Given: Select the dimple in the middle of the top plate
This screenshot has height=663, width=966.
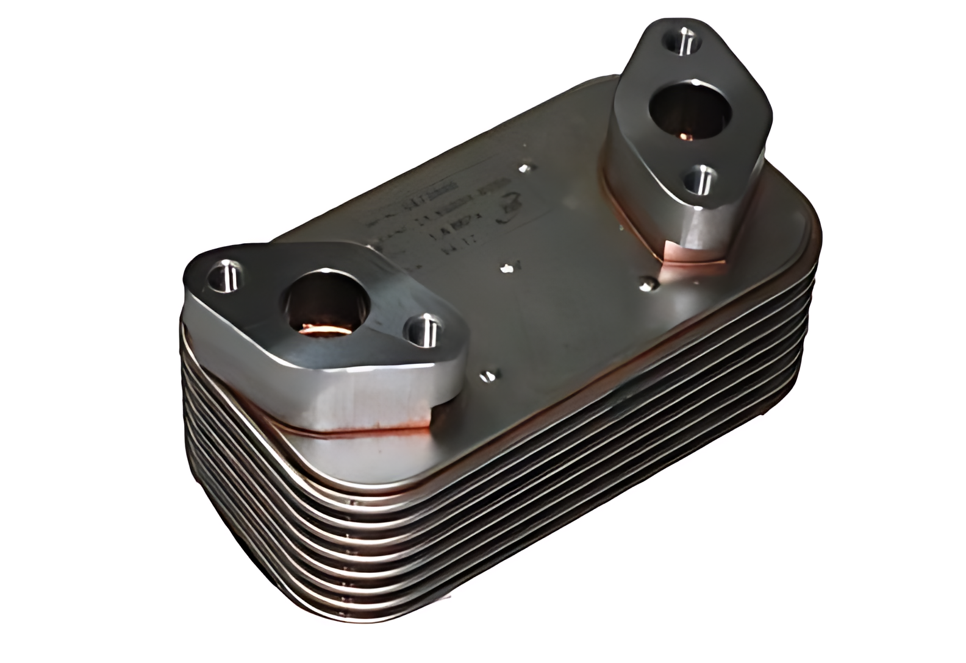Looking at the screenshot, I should pos(506,268).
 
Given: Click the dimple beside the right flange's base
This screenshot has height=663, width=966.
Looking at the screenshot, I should pos(648,282).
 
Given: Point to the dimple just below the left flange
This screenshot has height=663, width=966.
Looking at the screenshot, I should pos(488,375).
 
